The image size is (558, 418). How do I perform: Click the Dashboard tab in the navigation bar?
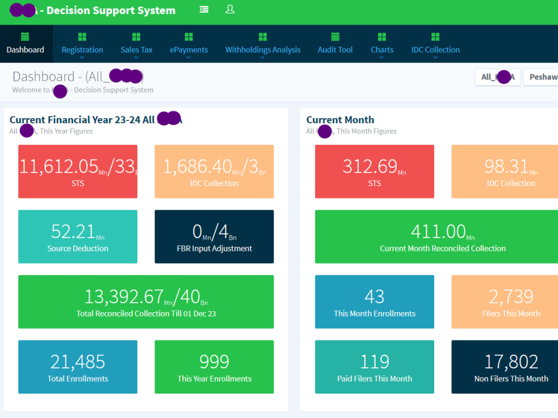(25, 44)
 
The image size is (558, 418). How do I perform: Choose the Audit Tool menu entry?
(335, 44)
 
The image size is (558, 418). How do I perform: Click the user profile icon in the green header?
(230, 9)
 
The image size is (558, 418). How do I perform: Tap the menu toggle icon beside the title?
(204, 9)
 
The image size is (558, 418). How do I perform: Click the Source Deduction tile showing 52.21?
(78, 236)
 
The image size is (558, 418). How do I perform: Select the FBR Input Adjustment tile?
(214, 236)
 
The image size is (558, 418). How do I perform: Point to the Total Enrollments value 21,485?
(78, 362)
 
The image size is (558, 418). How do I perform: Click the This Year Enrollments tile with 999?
(214, 367)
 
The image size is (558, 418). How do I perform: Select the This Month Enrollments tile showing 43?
(374, 302)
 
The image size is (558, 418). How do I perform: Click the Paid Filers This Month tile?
(374, 367)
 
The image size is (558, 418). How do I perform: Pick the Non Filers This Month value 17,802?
(511, 362)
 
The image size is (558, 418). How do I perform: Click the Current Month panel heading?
(340, 120)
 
